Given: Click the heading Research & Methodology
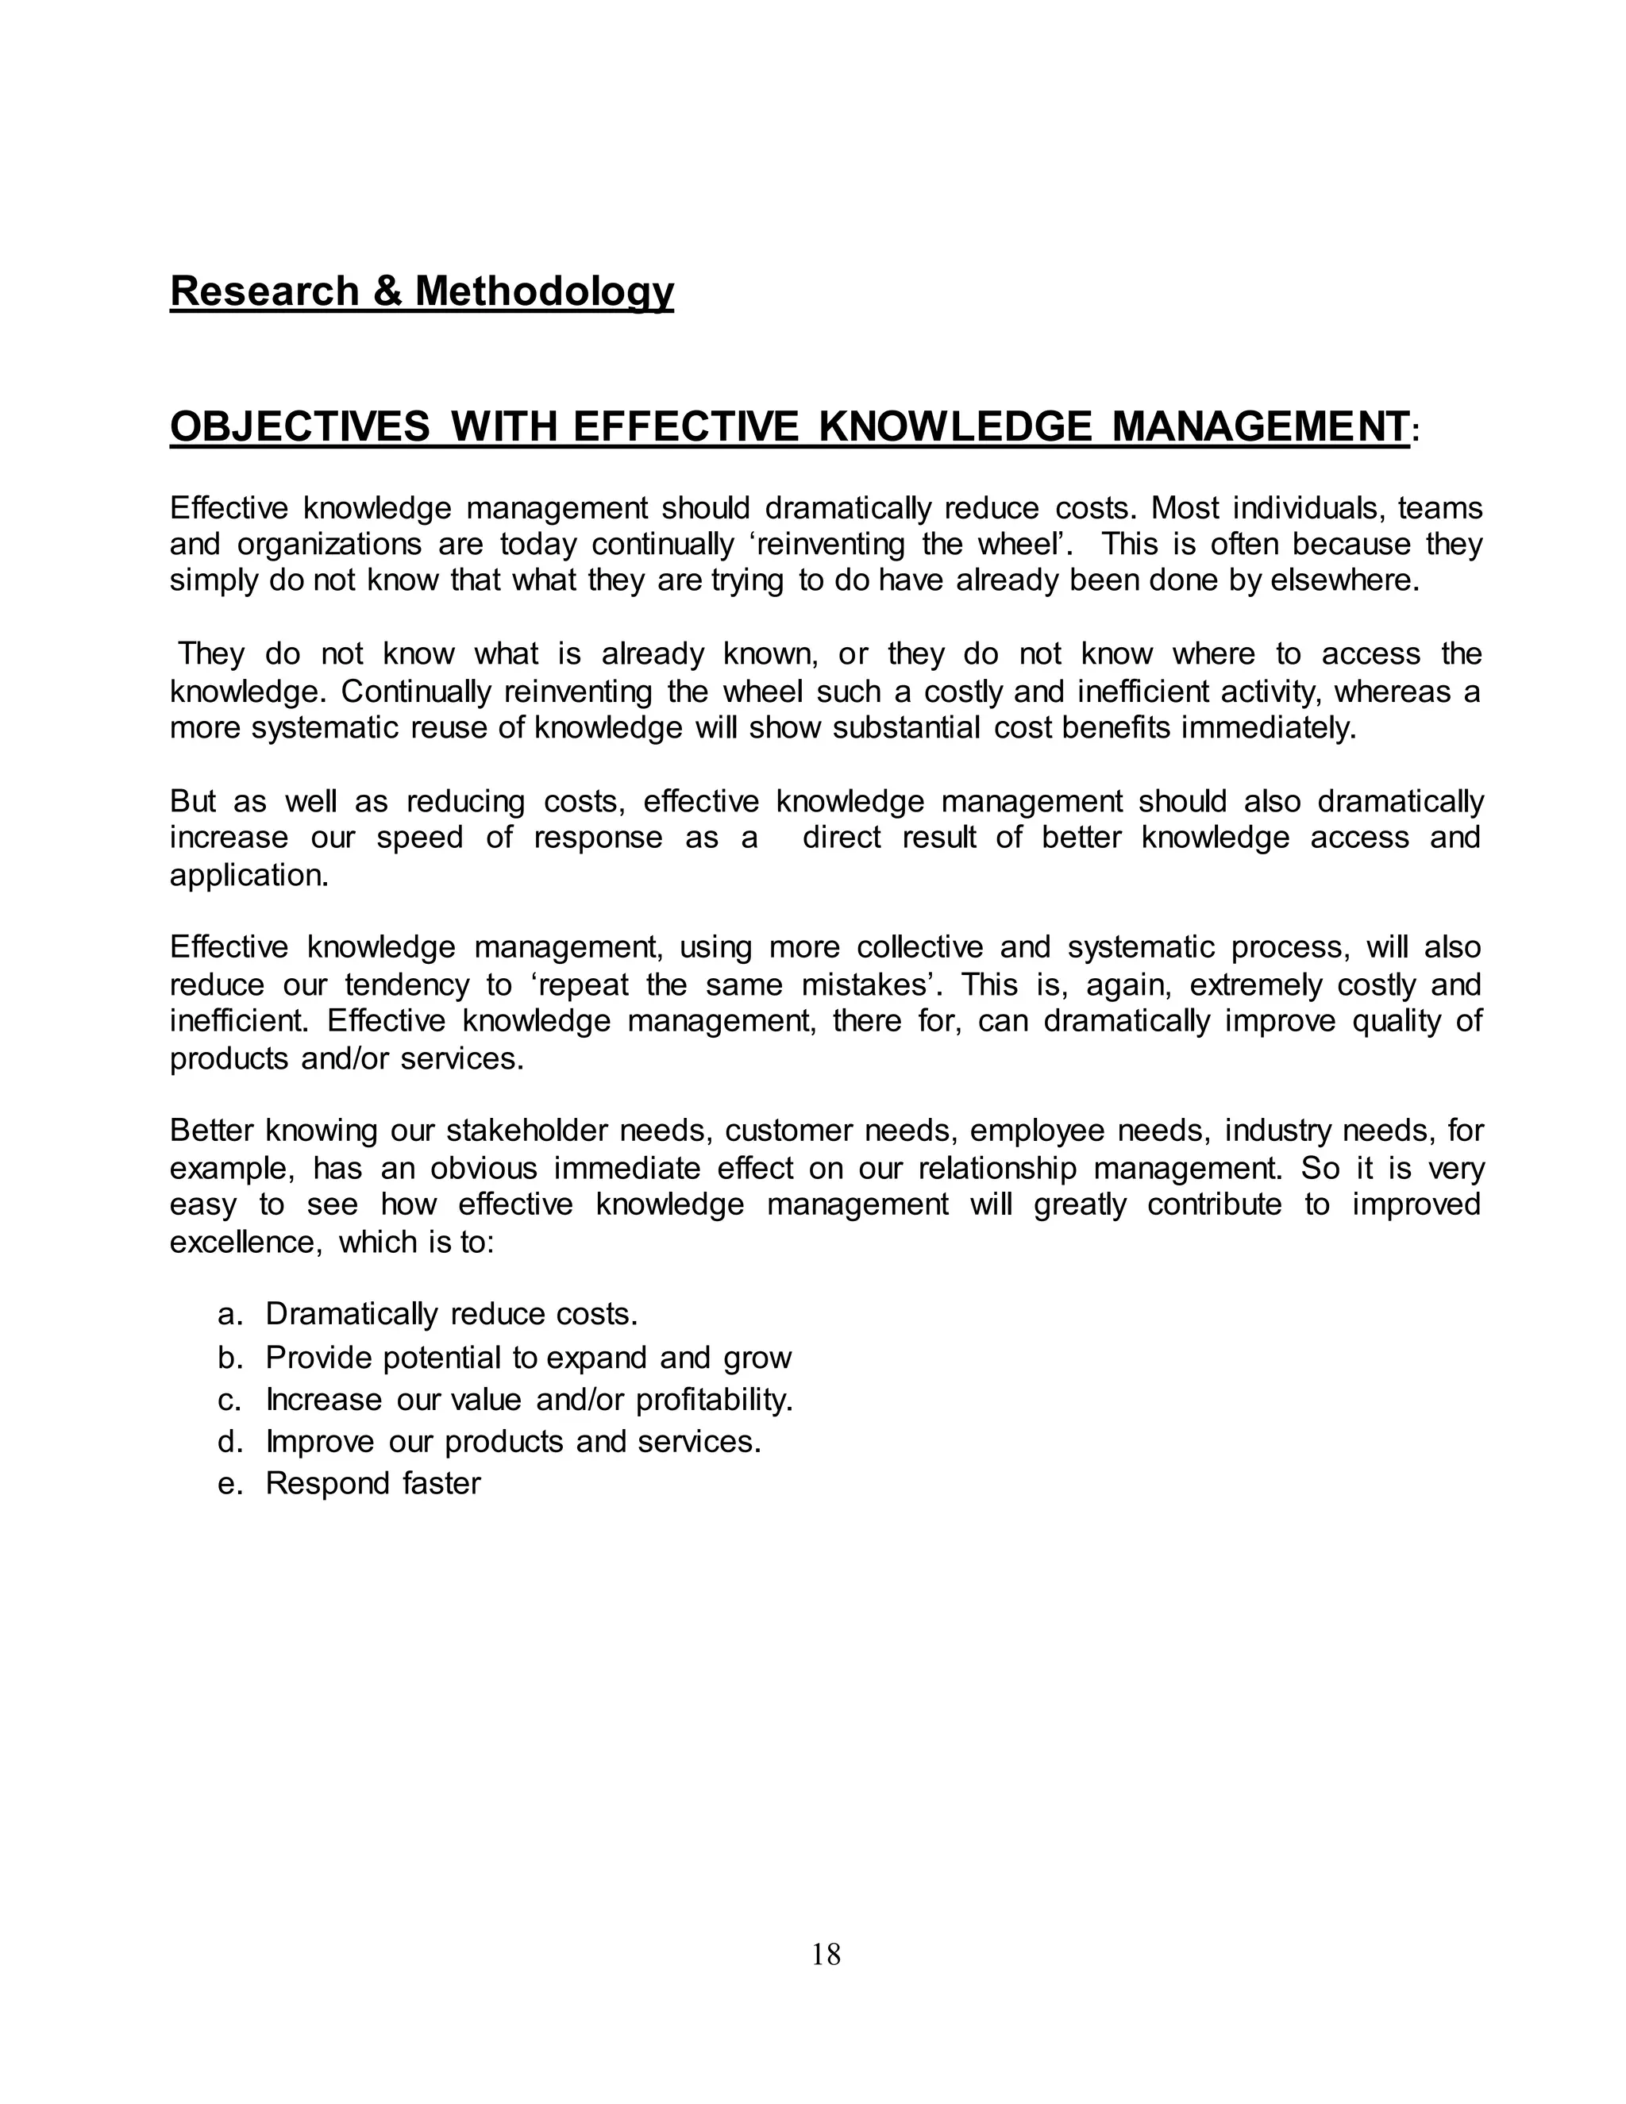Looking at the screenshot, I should [422, 291].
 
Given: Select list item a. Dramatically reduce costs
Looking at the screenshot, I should [451, 1314].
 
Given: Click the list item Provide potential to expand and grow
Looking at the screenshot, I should [528, 1358].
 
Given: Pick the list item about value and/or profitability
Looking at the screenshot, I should [529, 1399].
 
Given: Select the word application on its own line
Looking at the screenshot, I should [249, 875].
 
